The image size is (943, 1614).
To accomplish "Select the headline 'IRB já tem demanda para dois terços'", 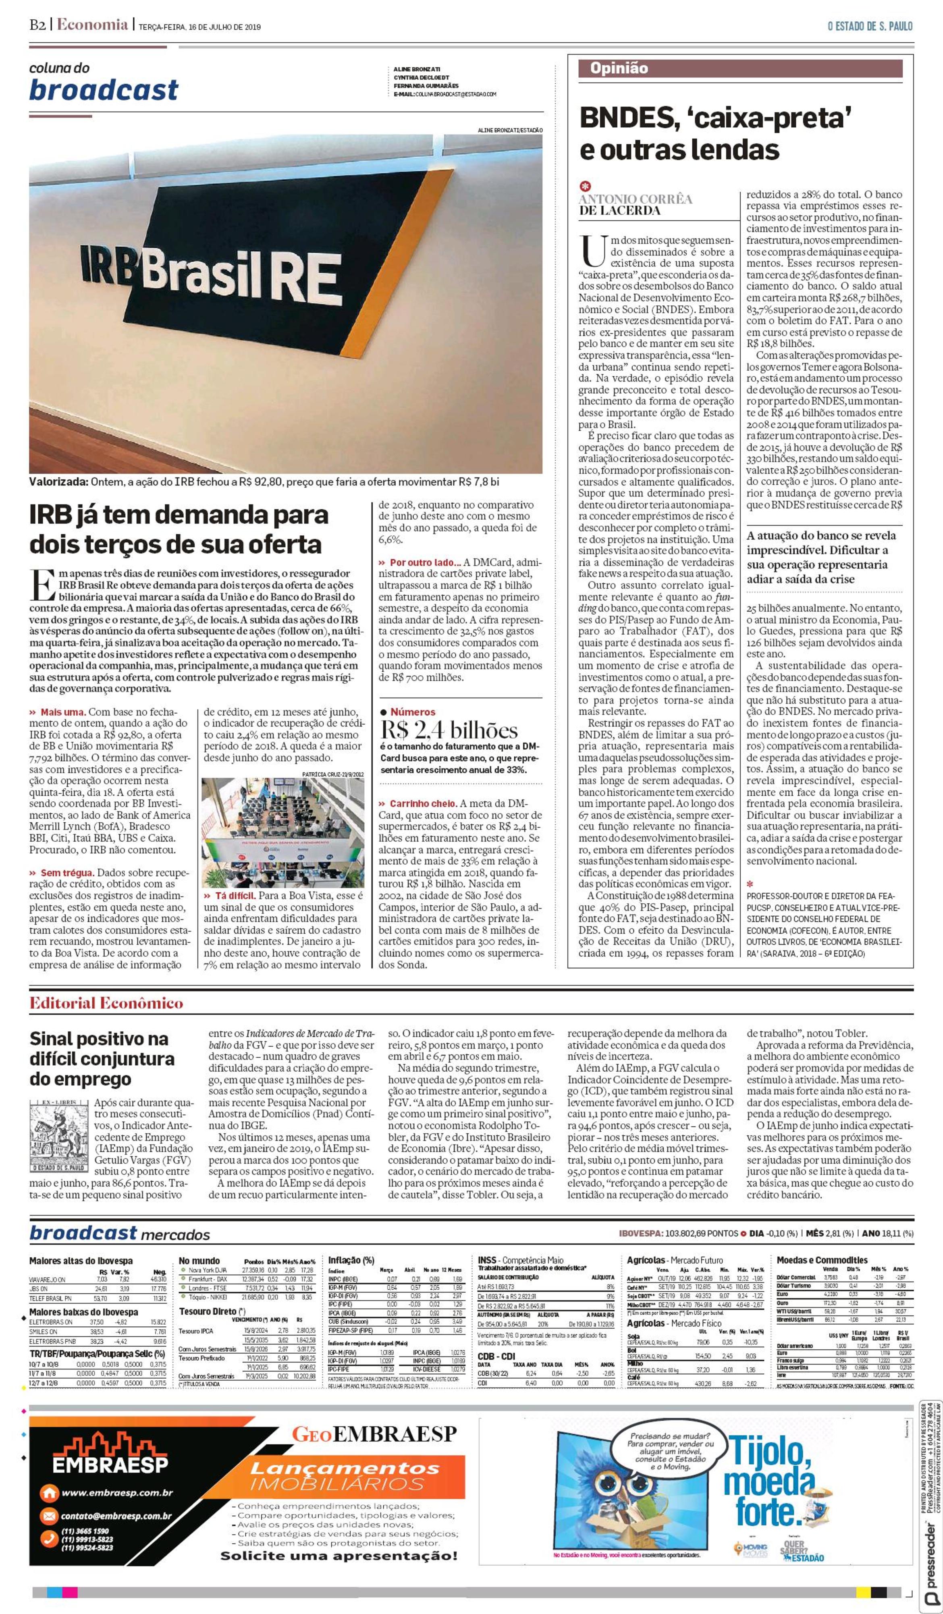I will point(179,529).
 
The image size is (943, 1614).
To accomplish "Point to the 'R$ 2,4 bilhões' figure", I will point(449,730).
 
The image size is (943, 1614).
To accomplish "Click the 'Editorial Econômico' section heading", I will point(106,1003).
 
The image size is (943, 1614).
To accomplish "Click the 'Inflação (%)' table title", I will point(351,1260).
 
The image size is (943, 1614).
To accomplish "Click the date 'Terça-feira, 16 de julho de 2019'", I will point(200,27).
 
